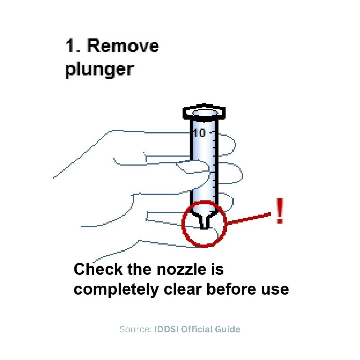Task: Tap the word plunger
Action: (x=99, y=70)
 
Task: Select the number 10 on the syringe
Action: (x=199, y=133)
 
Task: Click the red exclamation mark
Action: (x=280, y=211)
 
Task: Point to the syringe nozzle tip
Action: (x=204, y=227)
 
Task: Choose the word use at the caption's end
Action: (x=274, y=289)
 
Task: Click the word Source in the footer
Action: (x=135, y=330)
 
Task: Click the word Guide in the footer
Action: (x=228, y=330)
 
